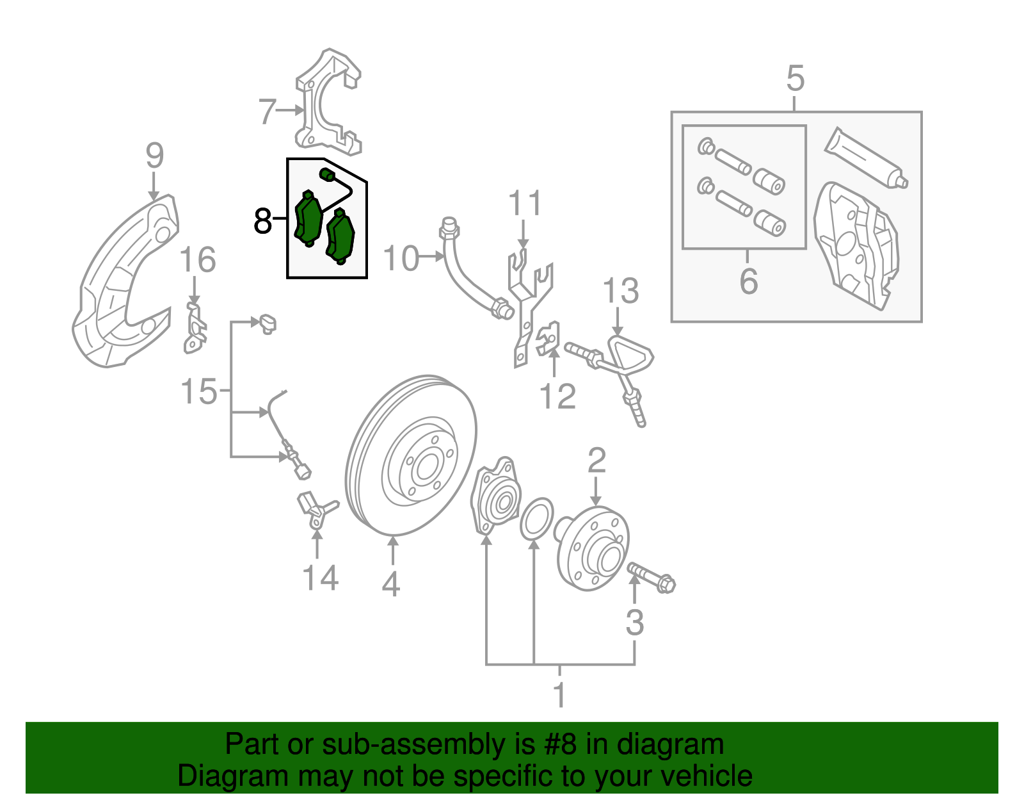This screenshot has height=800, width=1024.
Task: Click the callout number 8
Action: click(x=262, y=221)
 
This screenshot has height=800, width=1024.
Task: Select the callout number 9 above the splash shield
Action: click(x=154, y=156)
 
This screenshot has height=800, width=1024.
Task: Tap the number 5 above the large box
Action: click(x=795, y=79)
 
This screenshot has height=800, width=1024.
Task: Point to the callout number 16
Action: click(x=197, y=261)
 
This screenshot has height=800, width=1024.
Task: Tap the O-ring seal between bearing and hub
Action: click(x=536, y=518)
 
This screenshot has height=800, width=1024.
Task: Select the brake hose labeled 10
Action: click(x=470, y=275)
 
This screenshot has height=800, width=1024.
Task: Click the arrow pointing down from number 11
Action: click(x=524, y=236)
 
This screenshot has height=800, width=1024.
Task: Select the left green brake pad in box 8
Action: click(x=308, y=218)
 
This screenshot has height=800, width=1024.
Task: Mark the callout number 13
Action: click(x=620, y=291)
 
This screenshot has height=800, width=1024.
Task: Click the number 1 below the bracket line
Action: click(x=559, y=694)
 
